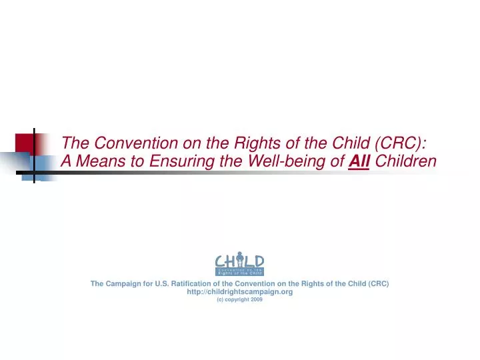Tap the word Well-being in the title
287,161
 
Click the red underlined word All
361,161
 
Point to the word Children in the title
406,161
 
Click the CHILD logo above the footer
239,265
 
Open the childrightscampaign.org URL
239,291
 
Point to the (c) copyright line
239,299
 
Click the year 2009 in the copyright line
257,299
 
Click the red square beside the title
25,143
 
